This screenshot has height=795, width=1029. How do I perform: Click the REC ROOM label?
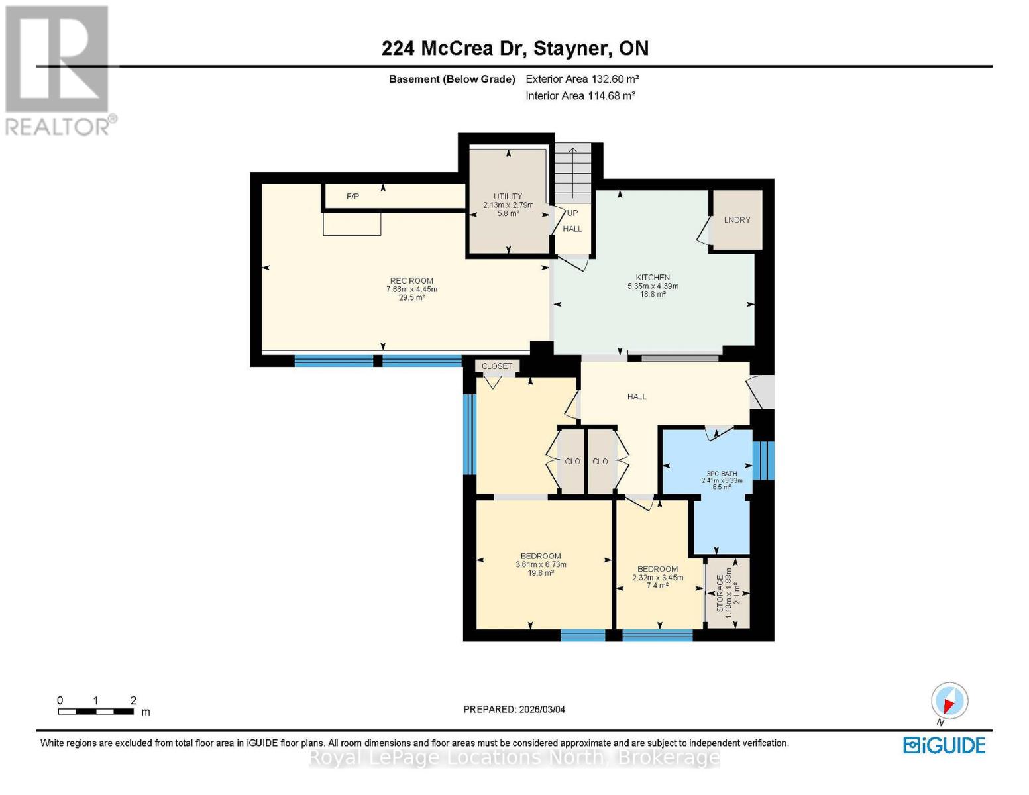(411, 281)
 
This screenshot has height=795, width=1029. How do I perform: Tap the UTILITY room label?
(508, 197)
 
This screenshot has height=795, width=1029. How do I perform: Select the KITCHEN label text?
(653, 278)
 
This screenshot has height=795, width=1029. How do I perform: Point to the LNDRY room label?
(737, 220)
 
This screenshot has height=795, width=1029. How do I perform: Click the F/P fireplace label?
(352, 197)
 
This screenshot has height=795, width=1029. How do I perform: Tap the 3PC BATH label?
(722, 474)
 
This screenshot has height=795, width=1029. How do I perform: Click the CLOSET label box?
(497, 366)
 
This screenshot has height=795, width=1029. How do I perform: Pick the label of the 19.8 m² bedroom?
(541, 556)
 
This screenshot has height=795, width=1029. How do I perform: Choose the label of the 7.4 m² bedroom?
(657, 570)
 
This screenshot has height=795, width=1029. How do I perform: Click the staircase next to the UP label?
(572, 174)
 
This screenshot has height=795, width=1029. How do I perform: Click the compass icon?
(949, 701)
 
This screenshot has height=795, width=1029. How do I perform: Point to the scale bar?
(95, 712)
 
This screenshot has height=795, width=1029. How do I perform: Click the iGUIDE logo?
(944, 745)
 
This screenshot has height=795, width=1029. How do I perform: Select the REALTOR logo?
(58, 70)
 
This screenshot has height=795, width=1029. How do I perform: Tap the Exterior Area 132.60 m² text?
(582, 79)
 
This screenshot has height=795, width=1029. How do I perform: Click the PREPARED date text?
(514, 709)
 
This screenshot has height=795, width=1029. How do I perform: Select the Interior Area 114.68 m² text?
(580, 96)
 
